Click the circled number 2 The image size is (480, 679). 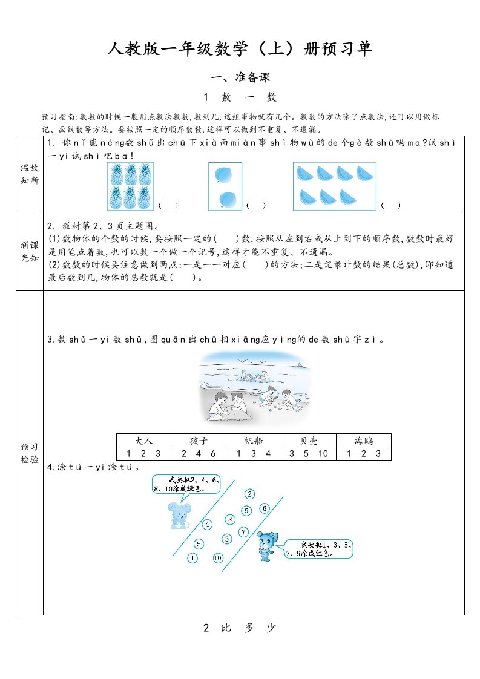tap(249, 494)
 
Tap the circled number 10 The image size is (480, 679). tap(218, 557)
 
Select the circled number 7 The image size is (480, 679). tap(243, 532)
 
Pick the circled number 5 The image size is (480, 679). tap(200, 543)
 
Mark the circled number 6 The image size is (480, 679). tap(265, 508)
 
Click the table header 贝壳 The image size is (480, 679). tap(309, 440)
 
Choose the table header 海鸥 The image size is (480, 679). tap(363, 440)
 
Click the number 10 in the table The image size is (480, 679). tap(323, 453)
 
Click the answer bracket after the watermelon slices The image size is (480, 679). tap(390, 206)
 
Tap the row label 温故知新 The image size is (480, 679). tap(29, 174)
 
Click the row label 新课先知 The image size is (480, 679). tap(29, 251)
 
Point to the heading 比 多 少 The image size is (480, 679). tap(240, 628)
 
